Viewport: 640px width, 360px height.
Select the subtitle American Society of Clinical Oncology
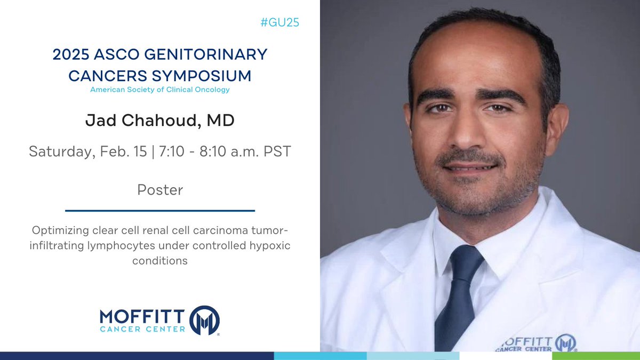160,90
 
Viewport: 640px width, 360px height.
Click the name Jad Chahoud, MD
160,120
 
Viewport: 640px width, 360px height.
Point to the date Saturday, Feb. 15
89,151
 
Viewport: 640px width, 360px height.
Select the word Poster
160,190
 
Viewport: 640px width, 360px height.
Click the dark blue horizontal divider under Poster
160,210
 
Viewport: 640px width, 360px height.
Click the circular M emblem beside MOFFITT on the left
205,320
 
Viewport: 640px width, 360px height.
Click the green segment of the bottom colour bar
596,356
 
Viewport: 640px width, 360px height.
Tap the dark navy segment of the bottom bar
137,356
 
